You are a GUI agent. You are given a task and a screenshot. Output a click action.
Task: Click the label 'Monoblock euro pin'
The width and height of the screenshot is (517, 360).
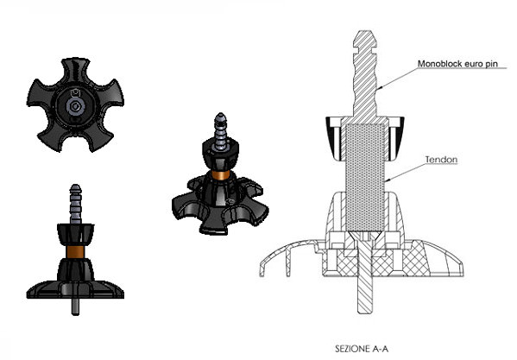coord(457,64)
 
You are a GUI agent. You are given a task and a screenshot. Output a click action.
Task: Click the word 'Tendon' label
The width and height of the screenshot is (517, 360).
coord(441,160)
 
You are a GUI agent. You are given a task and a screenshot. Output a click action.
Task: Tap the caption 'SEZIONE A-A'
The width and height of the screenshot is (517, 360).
coord(362,349)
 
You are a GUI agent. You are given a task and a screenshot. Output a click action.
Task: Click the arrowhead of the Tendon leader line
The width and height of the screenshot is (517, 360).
coord(388,180)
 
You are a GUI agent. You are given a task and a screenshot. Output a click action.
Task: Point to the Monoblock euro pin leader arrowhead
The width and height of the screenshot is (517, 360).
coord(380,88)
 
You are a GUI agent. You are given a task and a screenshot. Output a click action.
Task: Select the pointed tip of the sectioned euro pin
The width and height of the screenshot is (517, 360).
coord(364,31)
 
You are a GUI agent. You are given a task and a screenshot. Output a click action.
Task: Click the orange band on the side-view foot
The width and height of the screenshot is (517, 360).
coord(75,251)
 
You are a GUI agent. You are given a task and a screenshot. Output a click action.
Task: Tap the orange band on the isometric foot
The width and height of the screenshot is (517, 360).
coord(221,174)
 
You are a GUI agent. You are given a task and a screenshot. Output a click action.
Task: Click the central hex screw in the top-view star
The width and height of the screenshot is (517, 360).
coord(75,106)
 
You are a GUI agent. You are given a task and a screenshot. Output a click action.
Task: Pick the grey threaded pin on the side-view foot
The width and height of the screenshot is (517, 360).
coord(75,204)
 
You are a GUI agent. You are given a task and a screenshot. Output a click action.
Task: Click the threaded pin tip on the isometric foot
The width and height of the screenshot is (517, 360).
coord(220,117)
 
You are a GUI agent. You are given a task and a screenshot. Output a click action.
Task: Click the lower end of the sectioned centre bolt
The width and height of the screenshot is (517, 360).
coord(365,312)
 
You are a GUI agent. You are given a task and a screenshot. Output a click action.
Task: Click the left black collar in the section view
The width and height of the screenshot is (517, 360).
coord(334,138)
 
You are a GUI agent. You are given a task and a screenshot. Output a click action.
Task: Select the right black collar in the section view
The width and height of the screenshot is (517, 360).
coord(396,138)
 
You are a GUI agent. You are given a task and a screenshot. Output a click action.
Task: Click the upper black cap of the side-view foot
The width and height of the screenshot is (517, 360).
coord(75,234)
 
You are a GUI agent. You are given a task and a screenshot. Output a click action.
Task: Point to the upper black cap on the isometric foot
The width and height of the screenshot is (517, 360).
coord(221,155)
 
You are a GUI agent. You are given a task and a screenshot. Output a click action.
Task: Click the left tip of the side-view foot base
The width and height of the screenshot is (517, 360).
coord(28,296)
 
